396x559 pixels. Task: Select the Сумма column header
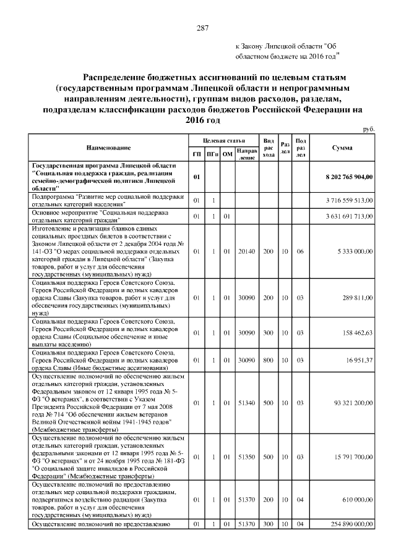point(342,148)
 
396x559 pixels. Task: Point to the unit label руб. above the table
point(369,128)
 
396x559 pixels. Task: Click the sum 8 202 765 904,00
point(349,177)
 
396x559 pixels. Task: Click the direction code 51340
point(247,403)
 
